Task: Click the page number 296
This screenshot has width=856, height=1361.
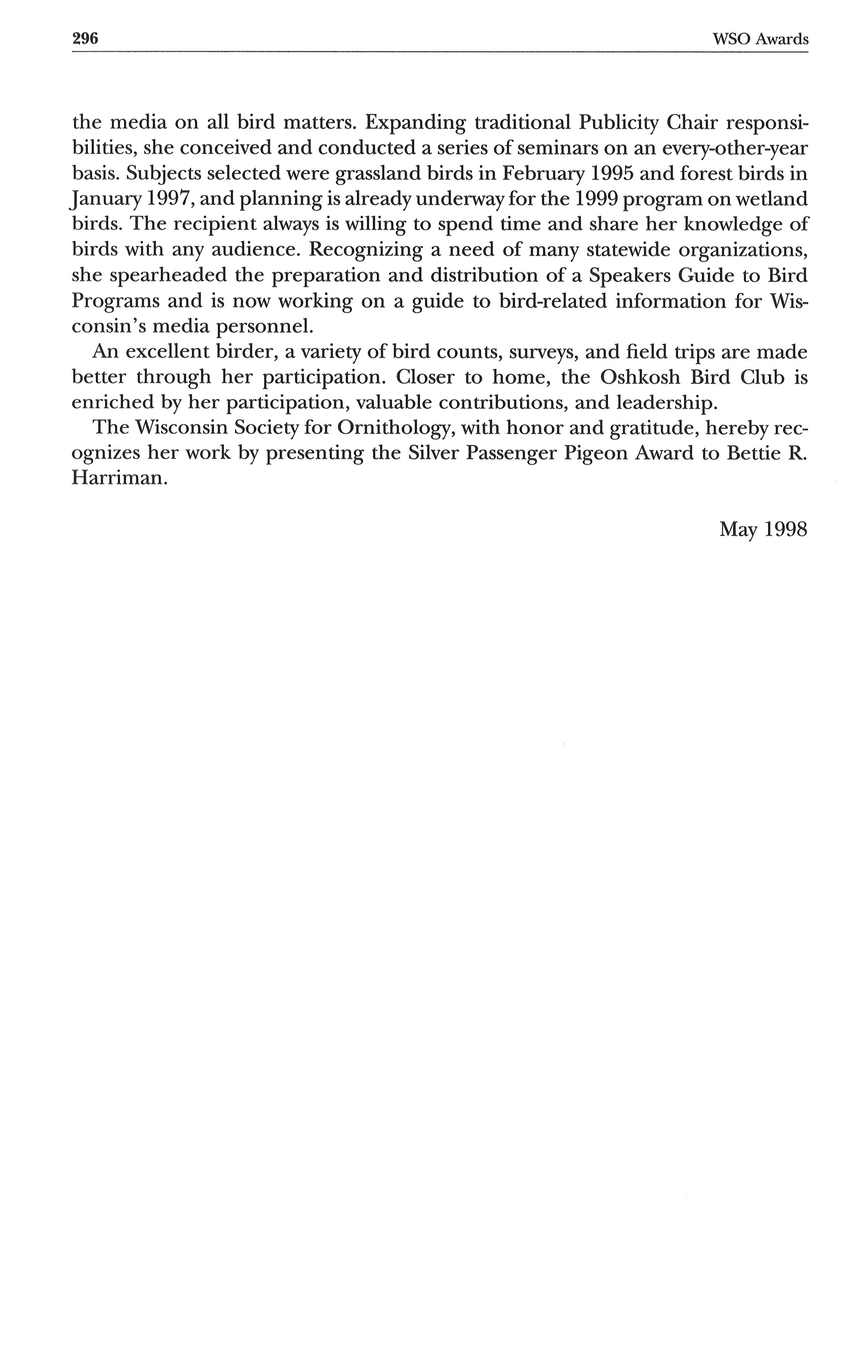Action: [x=85, y=39]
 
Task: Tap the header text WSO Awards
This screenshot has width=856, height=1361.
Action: [x=760, y=39]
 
